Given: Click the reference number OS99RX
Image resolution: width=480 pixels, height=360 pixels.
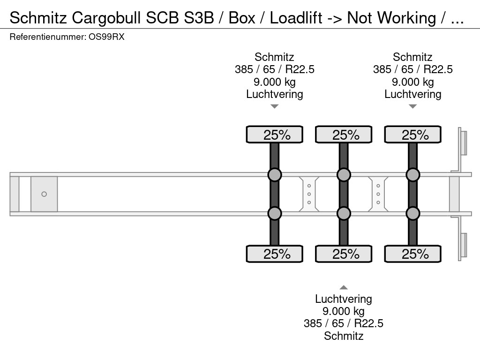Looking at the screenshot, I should point(106,37).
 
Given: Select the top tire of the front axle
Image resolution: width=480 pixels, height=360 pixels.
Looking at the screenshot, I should point(275,135).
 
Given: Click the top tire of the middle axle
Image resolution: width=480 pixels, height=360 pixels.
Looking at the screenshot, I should point(344,135).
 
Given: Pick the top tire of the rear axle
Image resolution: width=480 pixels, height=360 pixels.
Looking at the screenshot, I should point(412,135).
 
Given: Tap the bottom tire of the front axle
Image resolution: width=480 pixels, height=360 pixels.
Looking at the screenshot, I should point(275,254).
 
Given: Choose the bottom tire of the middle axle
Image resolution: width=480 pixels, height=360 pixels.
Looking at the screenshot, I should point(344,254).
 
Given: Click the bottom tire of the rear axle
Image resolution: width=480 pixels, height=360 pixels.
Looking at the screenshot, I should point(412,254).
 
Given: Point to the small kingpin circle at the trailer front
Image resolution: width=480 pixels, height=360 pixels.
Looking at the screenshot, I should point(44,194).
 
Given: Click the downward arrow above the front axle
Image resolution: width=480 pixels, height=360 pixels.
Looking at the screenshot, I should point(275,106).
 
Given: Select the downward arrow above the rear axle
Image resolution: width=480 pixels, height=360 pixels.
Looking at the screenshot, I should point(412,106).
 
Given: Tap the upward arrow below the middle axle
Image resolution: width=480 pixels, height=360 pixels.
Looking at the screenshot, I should point(344,287).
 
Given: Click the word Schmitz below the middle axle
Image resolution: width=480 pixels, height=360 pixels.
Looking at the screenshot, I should point(344,336).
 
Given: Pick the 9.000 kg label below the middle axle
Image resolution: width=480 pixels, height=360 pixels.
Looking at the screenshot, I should point(344,311).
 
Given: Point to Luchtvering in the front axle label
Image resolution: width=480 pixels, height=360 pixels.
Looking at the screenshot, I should point(275,94).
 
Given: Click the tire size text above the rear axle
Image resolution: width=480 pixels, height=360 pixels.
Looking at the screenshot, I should point(412,70).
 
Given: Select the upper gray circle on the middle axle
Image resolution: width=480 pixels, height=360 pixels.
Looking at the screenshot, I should point(344,175).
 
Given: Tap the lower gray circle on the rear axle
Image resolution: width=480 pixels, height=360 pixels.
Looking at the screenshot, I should point(412,213).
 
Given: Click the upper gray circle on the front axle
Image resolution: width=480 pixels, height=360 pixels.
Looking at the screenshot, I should point(275,175).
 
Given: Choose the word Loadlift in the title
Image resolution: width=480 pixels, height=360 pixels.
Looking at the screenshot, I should point(296,18).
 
